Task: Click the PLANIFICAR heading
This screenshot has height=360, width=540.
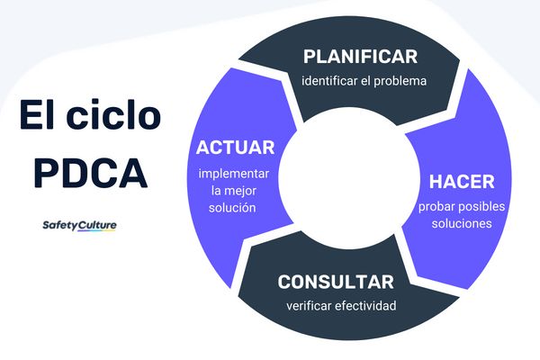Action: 360,57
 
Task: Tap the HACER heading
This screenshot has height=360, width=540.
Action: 461,181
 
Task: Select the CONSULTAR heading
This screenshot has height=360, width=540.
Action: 336,282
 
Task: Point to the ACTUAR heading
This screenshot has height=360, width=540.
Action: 235,148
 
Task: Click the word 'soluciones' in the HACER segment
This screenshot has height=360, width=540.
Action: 462,223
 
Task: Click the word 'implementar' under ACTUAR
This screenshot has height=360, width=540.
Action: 235,174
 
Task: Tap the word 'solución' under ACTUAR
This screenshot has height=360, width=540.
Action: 235,207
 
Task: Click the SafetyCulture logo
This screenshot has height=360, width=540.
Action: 79,225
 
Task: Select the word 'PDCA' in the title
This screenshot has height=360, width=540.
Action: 90,170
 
